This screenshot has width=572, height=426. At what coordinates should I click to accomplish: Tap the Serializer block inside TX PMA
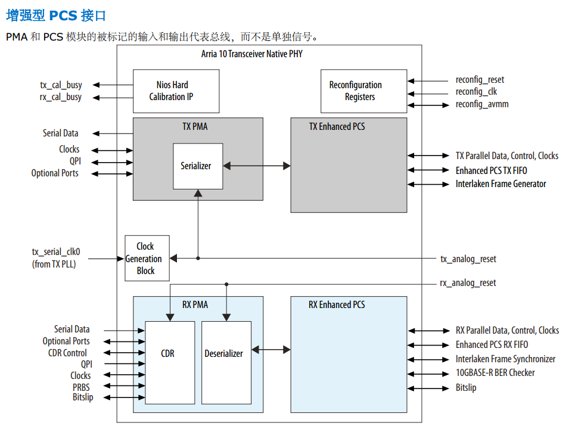196,166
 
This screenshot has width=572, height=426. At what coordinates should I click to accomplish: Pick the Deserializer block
223,353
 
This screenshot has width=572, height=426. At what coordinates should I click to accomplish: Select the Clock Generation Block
145,259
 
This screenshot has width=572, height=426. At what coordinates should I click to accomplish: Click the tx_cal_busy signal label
61,85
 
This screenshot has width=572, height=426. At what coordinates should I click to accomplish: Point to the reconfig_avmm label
482,104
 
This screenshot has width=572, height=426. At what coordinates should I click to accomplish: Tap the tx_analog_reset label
468,259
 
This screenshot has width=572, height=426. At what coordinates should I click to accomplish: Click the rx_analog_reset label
468,283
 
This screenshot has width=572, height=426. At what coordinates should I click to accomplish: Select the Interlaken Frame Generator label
500,184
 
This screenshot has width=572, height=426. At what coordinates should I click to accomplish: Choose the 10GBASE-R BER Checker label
495,373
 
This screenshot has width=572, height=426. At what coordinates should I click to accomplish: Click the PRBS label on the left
81,387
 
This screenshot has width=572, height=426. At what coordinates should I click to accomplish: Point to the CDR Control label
67,353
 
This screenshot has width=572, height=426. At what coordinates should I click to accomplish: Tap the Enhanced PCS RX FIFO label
492,345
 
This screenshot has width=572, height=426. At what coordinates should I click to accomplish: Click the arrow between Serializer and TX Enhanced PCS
256,166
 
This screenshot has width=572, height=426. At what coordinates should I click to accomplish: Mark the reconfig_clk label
476,92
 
